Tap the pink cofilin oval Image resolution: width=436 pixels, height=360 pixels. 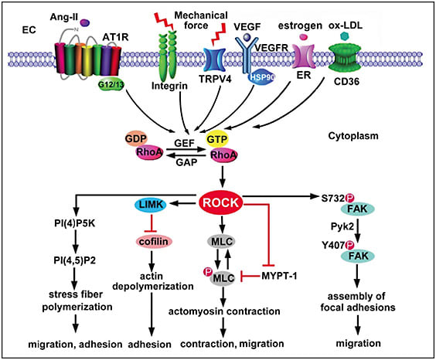point(155,241)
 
